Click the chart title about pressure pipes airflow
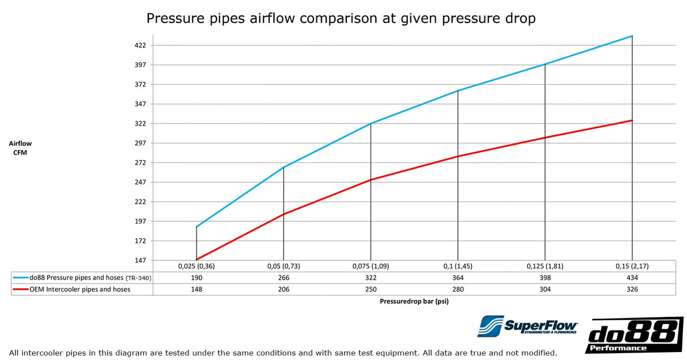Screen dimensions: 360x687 point(341,18)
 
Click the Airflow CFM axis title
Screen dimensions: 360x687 point(20,148)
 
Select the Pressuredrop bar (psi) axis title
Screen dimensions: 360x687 point(414,302)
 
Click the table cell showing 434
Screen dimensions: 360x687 point(632,278)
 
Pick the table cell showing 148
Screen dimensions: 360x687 point(196,289)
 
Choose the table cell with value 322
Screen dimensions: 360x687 point(371,278)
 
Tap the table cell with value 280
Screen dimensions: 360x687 point(458,289)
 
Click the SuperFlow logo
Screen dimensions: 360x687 point(527,327)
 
